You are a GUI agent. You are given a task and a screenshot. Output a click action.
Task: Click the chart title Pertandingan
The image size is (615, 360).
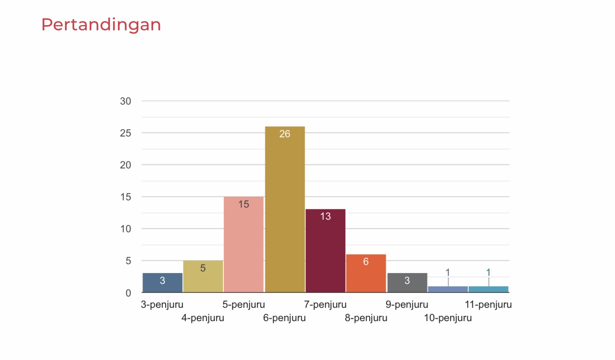[x=101, y=25]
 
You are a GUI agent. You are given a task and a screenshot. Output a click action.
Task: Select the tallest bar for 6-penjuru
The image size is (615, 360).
[x=285, y=210]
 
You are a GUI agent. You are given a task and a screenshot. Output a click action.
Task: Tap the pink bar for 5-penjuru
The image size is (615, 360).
[x=244, y=246]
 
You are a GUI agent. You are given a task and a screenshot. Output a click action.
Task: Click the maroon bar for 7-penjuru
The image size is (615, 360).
[x=325, y=253]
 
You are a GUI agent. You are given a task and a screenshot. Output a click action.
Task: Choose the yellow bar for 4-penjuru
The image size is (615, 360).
[x=203, y=279]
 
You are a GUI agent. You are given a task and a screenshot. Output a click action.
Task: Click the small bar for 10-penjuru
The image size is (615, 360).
[x=448, y=289]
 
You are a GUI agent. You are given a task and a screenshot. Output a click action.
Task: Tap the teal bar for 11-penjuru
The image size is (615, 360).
[x=489, y=289]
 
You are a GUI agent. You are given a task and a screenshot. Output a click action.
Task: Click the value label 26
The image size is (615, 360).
[x=285, y=134]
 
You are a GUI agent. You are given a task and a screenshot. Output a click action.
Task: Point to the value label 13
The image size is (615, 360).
[x=325, y=217]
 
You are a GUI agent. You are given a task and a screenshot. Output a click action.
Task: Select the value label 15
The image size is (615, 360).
[x=244, y=204]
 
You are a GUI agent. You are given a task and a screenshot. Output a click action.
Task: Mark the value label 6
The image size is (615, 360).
[x=366, y=262]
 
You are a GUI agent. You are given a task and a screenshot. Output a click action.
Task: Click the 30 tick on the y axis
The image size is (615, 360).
[x=126, y=101]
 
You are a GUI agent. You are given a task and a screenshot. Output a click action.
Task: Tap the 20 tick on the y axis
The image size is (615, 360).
[x=126, y=165]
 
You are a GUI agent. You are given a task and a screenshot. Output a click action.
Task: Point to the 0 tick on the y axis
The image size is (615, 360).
[x=128, y=293]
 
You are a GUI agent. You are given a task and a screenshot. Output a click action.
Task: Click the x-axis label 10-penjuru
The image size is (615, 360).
[x=448, y=318]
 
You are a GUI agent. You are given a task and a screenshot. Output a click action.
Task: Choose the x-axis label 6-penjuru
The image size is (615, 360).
[x=284, y=318]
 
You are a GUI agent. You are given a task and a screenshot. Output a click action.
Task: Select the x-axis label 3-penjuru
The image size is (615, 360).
[x=162, y=305]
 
